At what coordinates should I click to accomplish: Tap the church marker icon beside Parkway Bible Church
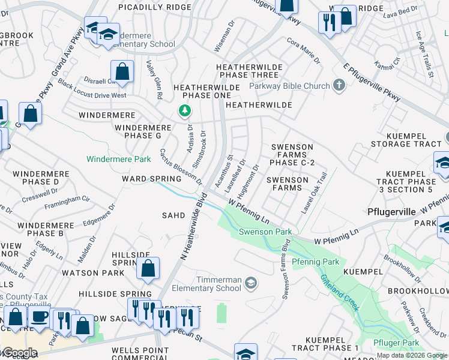coord(339,85)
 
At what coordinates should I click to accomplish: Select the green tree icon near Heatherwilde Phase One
coord(185,111)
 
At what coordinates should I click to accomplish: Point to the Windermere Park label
coord(118,159)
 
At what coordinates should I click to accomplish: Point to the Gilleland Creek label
coord(340,293)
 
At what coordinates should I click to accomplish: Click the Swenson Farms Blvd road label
coord(286,269)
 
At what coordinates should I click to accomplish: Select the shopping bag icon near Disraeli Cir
coord(122,71)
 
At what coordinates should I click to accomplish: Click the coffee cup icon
coord(40,317)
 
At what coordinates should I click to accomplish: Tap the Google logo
coord(19,353)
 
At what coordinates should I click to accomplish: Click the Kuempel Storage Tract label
coord(406,139)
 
